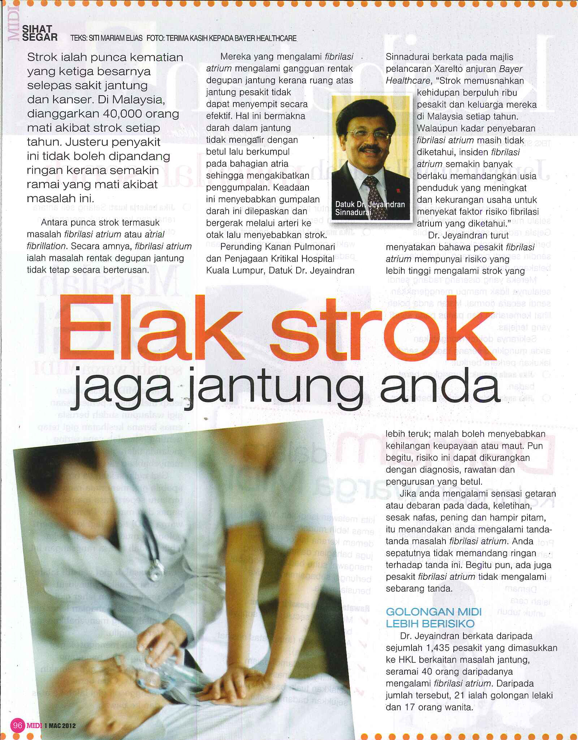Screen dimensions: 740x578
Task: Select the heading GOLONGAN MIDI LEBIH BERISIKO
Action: (433, 618)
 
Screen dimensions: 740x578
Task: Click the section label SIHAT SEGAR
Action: (39, 33)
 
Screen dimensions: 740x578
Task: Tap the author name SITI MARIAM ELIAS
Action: (116, 38)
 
